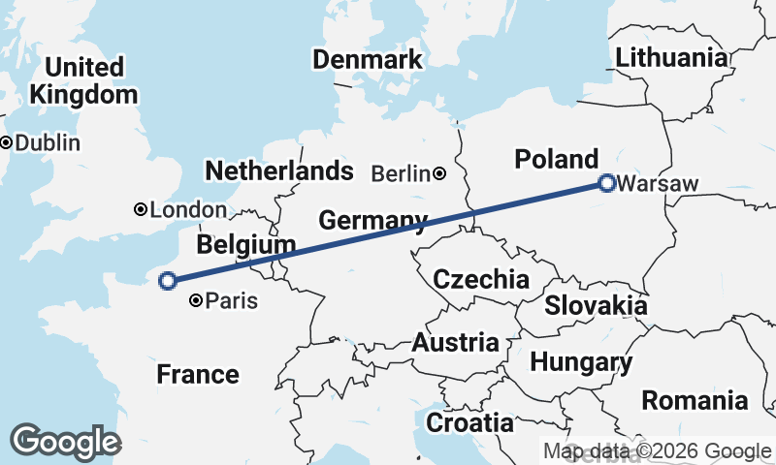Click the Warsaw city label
(x=649, y=183)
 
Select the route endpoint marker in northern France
(x=167, y=281)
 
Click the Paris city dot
(x=197, y=301)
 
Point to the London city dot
(x=141, y=209)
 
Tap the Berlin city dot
(x=439, y=174)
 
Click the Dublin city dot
(x=6, y=142)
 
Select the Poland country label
(x=557, y=159)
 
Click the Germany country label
(x=372, y=219)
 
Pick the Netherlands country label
(x=278, y=171)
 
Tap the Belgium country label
(x=245, y=244)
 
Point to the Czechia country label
(x=481, y=280)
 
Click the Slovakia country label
(x=596, y=306)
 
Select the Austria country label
(x=456, y=343)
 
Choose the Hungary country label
(x=581, y=363)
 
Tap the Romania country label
(x=695, y=400)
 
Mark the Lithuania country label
(x=671, y=57)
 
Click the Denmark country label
(x=368, y=59)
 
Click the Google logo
(x=65, y=442)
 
